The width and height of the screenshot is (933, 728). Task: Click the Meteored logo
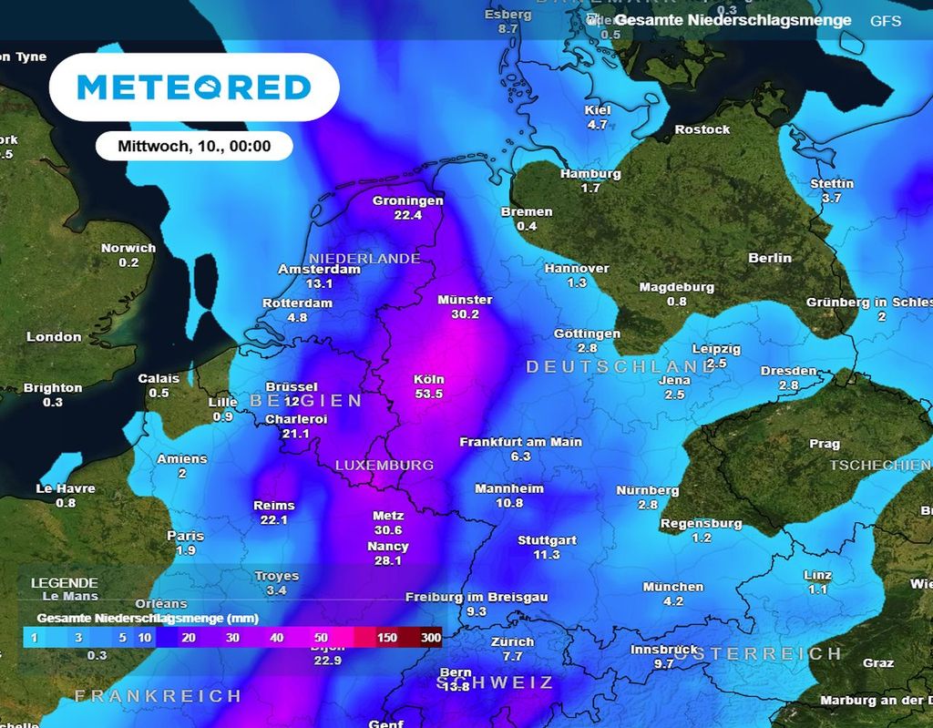point(193,87)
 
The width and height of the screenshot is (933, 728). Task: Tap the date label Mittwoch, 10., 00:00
point(194,146)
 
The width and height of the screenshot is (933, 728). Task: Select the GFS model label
point(885,20)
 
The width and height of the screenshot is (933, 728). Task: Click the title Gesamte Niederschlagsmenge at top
point(733,20)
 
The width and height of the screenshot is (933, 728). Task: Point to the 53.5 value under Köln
point(428,394)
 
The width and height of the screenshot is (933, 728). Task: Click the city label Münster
point(465,300)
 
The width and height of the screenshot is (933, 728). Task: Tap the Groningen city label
point(408,200)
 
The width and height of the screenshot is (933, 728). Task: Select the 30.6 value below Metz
point(388,529)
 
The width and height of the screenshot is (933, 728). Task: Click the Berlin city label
point(770,258)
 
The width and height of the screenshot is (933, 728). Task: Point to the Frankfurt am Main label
point(520,442)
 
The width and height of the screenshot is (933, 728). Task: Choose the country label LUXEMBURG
point(384,465)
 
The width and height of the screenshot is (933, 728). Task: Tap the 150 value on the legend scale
point(387,638)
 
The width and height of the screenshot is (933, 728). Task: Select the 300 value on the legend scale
point(430,638)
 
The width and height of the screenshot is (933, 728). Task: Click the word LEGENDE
point(64,582)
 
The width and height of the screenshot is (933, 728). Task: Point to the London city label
point(54,336)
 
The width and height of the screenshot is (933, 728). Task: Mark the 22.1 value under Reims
point(274,520)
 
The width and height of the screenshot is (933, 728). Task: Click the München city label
point(673,587)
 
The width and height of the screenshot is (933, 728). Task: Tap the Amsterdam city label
point(319,270)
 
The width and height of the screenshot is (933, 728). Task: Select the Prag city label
point(825,444)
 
